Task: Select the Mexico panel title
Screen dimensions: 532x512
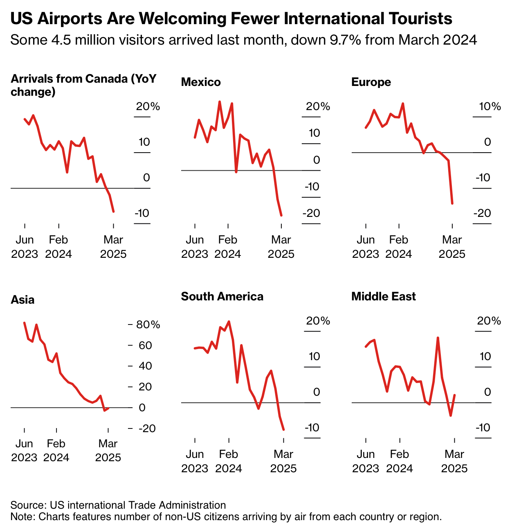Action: (201, 82)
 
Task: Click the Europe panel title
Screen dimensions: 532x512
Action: (371, 82)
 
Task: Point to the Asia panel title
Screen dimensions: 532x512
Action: (22, 300)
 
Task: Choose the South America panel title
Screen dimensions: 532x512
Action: (222, 297)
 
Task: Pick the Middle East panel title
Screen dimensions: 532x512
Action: (383, 297)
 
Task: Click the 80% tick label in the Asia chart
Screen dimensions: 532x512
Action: (148, 325)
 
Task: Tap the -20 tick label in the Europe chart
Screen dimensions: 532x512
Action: (482, 213)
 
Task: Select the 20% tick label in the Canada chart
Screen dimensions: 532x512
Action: (148, 107)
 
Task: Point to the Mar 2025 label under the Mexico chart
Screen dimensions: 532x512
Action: (281, 247)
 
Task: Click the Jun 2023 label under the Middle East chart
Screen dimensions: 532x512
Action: (366, 461)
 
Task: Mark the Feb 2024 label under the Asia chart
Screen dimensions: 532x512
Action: (56, 451)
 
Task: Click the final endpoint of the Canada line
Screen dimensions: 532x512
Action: (113, 212)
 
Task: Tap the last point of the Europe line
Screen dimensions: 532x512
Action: (452, 203)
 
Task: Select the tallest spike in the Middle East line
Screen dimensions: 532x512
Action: (438, 338)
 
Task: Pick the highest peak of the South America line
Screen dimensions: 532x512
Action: (229, 322)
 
